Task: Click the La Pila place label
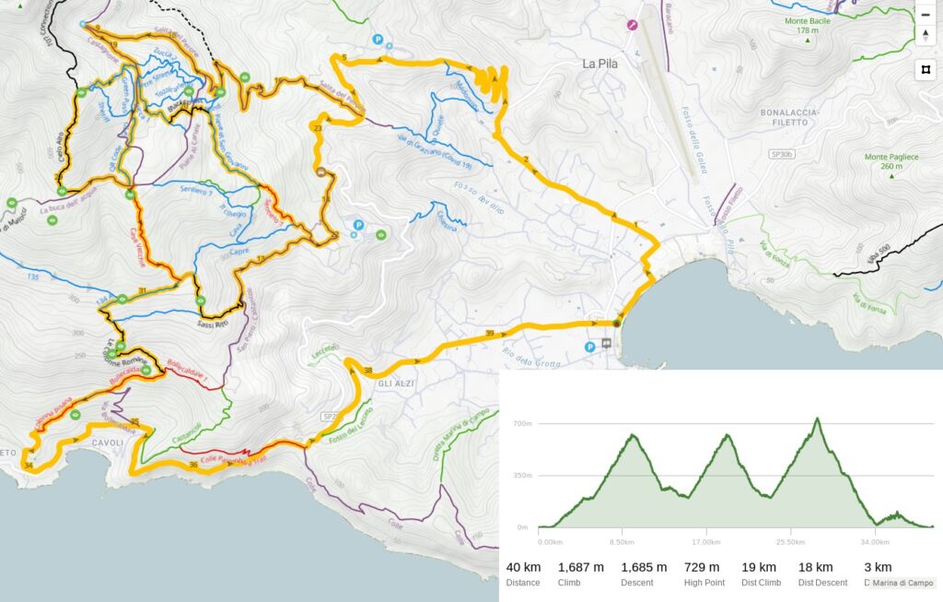(x=602, y=64)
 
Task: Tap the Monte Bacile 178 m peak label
(x=802, y=26)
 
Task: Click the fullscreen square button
(x=926, y=69)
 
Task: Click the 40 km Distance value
(x=522, y=567)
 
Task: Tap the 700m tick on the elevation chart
(x=523, y=423)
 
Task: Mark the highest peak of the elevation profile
(x=817, y=419)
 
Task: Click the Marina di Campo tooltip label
(x=902, y=583)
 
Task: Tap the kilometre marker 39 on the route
(x=489, y=333)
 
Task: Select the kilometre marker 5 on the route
(x=344, y=58)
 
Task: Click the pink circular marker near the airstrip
(x=632, y=25)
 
